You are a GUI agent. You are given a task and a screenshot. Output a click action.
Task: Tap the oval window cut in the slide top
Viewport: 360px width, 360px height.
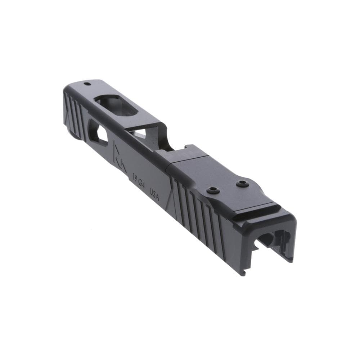[116, 105]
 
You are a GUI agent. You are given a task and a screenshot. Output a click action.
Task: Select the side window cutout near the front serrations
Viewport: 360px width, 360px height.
[98, 132]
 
